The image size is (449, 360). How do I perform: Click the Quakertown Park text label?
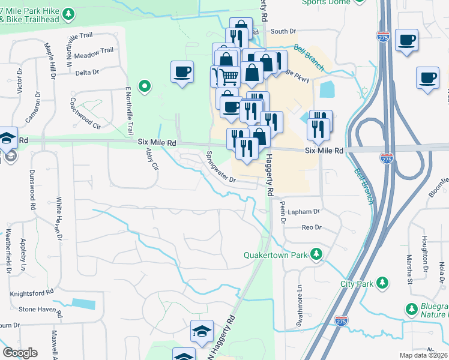pyautogui.click(x=276, y=255)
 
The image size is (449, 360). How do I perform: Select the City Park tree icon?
pyautogui.click(x=382, y=283)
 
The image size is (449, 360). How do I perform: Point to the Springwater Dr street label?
pyautogui.click(x=221, y=168)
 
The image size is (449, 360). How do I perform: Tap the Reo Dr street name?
pyautogui.click(x=312, y=227)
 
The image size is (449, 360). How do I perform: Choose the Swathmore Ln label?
pyautogui.click(x=298, y=310)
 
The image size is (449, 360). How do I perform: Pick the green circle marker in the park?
pyautogui.click(x=144, y=86)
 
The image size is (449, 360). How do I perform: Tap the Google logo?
pyautogui.click(x=20, y=353)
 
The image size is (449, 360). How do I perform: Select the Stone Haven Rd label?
pyautogui.click(x=40, y=311)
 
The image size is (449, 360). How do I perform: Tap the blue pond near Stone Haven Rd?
pyautogui.click(x=83, y=304)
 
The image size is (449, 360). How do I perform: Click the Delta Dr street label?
pyautogui.click(x=88, y=73)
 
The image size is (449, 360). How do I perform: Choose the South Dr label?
pyautogui.click(x=283, y=31)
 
